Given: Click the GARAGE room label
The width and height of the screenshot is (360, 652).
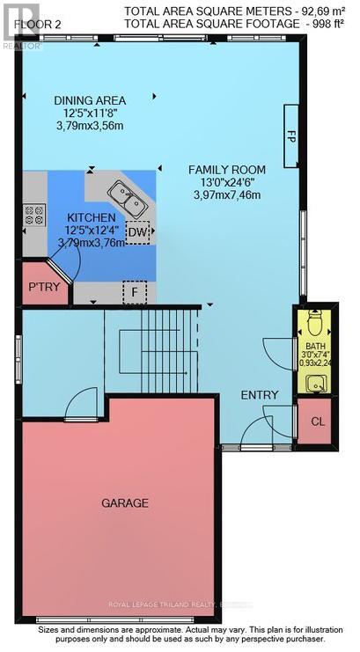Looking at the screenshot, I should (x=123, y=503).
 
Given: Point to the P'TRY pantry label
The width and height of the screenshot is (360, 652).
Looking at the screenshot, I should (x=43, y=286).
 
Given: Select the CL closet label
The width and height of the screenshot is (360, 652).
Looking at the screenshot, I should (x=317, y=421).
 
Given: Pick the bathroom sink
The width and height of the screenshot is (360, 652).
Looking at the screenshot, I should (x=315, y=382).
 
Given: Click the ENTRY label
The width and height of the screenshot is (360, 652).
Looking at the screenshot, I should (x=260, y=395).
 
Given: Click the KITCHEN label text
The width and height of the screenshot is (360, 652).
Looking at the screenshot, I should (x=91, y=216).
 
